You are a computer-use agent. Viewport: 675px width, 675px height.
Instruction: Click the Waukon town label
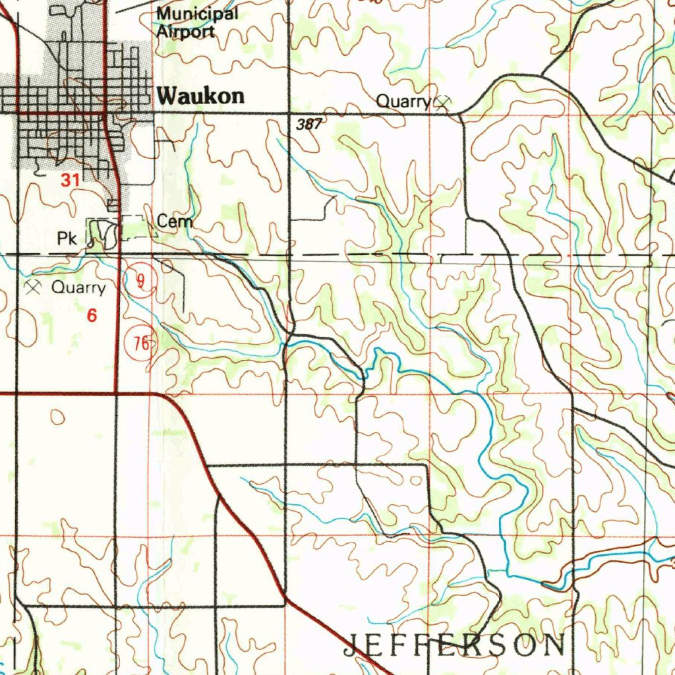(x=201, y=96)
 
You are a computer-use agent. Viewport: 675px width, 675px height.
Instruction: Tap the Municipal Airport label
(x=196, y=22)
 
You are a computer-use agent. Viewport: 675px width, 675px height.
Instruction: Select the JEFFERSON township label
(x=454, y=645)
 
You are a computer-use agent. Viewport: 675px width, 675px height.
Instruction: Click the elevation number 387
(x=308, y=123)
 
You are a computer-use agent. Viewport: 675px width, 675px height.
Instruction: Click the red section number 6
(x=92, y=316)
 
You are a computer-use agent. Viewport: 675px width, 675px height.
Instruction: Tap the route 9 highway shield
(x=140, y=280)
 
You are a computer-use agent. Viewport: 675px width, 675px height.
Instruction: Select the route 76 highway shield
(x=140, y=343)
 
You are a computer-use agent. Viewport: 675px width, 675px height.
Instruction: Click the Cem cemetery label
(x=175, y=221)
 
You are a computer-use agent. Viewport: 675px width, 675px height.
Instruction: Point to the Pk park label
(x=67, y=239)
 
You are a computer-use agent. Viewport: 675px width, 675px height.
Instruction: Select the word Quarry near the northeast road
(x=403, y=102)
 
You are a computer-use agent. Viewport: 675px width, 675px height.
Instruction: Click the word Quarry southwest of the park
(x=78, y=287)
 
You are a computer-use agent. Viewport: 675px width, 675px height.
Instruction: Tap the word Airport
(x=185, y=31)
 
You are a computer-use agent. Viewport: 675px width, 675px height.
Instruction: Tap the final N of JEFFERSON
(x=554, y=645)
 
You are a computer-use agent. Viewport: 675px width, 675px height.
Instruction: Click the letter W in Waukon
(x=168, y=96)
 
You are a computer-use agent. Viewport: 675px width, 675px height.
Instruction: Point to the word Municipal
(x=196, y=14)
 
